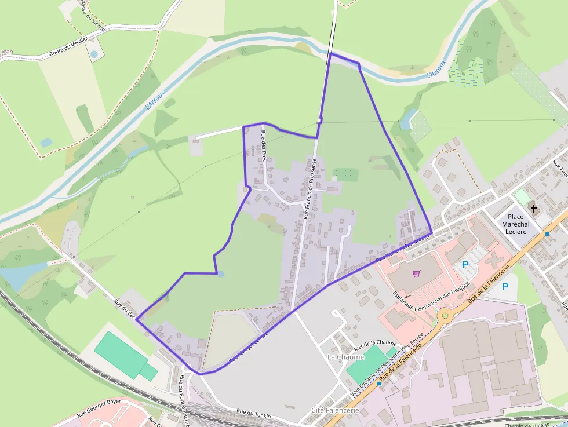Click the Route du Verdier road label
click(x=68, y=46)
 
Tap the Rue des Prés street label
click(x=264, y=144)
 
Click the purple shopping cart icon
click(x=416, y=273)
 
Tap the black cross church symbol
click(x=531, y=209)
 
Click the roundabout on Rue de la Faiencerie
click(x=445, y=316)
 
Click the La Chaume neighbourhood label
click(x=345, y=357)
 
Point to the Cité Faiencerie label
click(x=335, y=410)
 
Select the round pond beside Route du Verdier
click(x=93, y=54)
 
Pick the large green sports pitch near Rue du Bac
click(x=122, y=355)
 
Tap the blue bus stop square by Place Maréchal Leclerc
click(x=547, y=234)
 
